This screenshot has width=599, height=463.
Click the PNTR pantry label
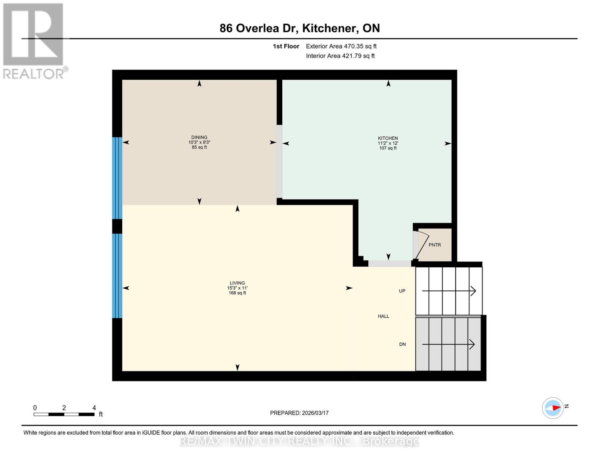coord(435,245)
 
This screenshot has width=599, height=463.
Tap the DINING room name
coord(199,137)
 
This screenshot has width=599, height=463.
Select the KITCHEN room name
coord(388,138)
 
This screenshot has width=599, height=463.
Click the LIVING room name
coord(237,283)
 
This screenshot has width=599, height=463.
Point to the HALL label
coord(383,316)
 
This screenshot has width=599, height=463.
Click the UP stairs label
coord(402,291)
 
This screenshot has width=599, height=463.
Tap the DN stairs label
coord(402,344)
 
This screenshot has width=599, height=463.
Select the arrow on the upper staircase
coord(449,291)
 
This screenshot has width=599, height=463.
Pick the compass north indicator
coord(553,408)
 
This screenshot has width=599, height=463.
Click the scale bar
coord(64,414)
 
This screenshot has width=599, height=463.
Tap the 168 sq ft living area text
coord(237,293)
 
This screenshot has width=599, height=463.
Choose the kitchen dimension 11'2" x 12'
coord(388,143)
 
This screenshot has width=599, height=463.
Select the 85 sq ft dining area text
coord(199,147)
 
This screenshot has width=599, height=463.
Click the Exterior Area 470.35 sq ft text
coord(341,46)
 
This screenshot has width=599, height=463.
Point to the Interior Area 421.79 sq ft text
coord(340,56)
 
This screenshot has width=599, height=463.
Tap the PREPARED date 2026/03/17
coord(299,413)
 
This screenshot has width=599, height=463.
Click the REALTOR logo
coord(34,41)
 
